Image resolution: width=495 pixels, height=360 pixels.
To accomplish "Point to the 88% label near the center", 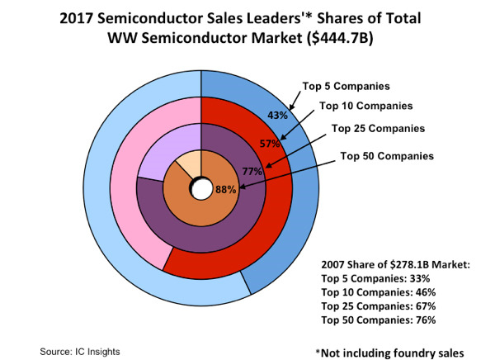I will (x=226, y=189).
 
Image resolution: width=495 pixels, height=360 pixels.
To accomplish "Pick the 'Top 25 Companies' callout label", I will (x=378, y=128).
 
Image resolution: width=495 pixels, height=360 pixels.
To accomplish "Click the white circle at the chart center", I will (x=200, y=190).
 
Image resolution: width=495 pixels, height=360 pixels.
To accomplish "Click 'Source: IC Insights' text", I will (x=80, y=351).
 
